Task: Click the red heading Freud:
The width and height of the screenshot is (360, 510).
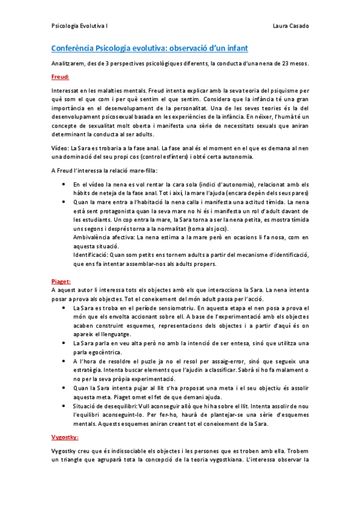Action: click(x=60, y=76)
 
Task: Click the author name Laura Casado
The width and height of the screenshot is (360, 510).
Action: click(x=290, y=27)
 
